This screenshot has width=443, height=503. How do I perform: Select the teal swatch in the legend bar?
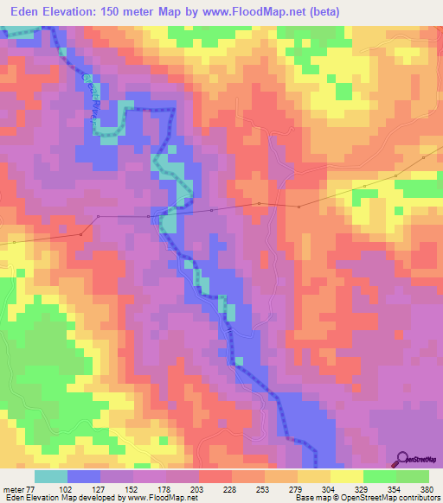pos(51,476)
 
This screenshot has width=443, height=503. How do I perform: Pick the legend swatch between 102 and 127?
pos(84,476)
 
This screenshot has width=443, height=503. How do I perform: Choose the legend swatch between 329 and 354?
pos(379,476)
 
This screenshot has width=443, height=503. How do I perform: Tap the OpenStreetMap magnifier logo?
pos(403,459)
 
